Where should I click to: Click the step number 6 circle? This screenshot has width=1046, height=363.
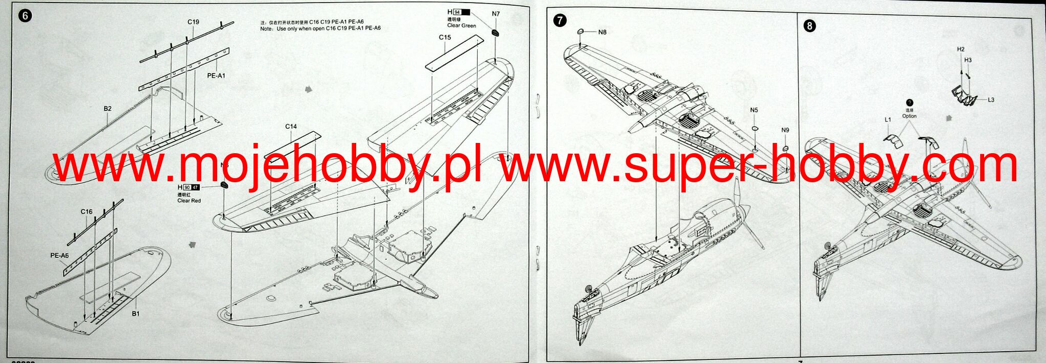point(25,16)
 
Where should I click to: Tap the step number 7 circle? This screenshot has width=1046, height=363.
point(560,20)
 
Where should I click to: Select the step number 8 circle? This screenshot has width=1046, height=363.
point(809,26)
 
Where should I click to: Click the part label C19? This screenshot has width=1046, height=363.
point(193,22)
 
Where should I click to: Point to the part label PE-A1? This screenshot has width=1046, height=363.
point(216,76)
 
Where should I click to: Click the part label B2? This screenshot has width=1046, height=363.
point(107,109)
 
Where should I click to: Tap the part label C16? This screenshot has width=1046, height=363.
point(86,211)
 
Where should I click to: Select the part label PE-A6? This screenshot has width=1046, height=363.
point(59,255)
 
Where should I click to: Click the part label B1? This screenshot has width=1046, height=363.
point(135,313)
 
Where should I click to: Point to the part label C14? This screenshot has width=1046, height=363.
point(291,127)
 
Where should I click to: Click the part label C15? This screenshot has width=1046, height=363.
point(445,37)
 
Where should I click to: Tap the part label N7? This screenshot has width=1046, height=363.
point(496,14)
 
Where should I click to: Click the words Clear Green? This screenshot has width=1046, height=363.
point(461,26)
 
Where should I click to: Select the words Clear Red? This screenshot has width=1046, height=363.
point(189,201)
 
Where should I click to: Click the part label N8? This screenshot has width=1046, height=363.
point(602,32)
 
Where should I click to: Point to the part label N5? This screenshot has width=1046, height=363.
point(754,110)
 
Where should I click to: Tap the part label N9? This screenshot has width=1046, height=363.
point(785,130)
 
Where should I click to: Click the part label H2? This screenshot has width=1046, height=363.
point(961,50)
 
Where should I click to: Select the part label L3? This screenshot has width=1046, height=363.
point(991,100)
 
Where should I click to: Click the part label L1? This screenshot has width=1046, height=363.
point(888,120)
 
